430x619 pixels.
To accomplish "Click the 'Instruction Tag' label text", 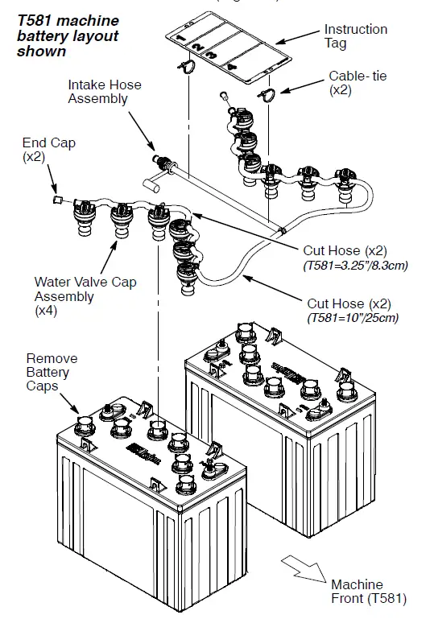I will [x=355, y=36].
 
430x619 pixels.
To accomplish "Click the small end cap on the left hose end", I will [x=56, y=197].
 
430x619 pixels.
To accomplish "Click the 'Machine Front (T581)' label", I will [x=368, y=591].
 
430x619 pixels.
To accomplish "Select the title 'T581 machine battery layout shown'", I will [x=68, y=35].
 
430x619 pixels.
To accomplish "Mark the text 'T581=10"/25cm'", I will [x=353, y=317].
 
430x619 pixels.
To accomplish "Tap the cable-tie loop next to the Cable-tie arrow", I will [x=266, y=95].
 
